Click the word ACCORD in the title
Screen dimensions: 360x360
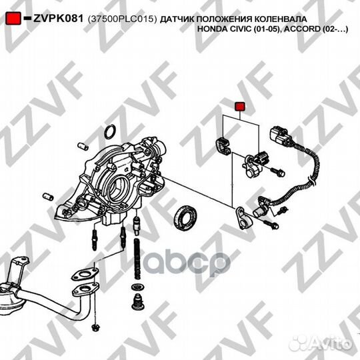tap(309, 30)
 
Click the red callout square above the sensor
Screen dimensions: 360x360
tap(241, 105)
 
